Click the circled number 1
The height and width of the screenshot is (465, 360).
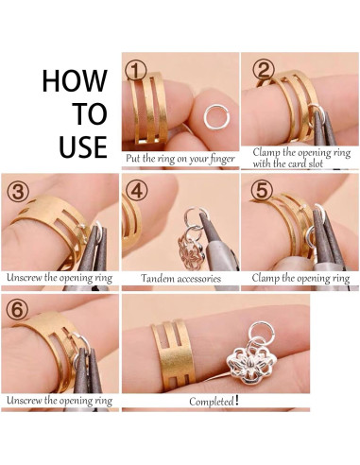point(136,70)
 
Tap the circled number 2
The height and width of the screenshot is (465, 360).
point(264,70)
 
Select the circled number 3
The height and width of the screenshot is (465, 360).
point(18,192)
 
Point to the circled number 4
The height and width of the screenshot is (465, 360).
point(136,191)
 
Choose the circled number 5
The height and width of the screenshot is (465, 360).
point(262,190)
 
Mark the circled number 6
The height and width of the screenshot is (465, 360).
point(18,310)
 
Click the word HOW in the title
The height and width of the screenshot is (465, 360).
point(75,80)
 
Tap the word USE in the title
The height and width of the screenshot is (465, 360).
point(83,146)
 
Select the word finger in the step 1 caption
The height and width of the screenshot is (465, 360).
point(222,159)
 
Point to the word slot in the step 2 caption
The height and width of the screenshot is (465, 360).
point(315,164)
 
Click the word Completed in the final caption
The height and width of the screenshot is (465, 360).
point(212,402)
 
